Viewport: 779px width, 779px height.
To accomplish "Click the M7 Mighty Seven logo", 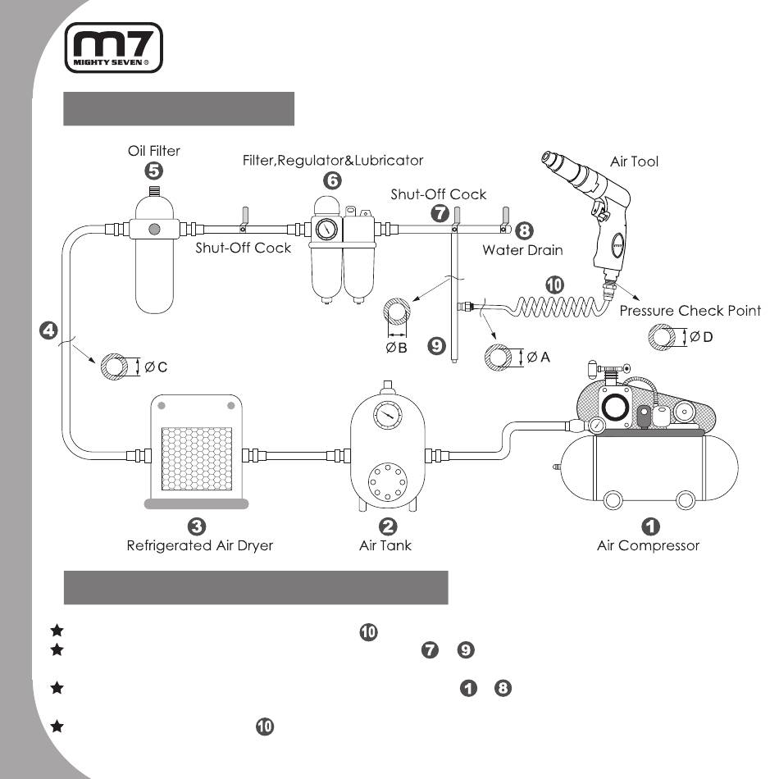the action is coord(114,48).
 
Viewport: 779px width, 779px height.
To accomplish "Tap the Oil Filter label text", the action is coord(154,151).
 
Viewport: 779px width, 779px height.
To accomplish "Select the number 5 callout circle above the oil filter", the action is coord(154,171).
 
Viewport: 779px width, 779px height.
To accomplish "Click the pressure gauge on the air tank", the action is coord(388,415).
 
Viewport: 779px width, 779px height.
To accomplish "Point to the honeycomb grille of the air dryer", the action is coord(197,459).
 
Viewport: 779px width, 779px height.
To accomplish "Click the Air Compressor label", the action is coord(648,545).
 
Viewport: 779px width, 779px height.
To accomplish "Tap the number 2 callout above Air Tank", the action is coord(388,526).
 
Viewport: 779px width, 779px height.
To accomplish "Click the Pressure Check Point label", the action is coord(690,311).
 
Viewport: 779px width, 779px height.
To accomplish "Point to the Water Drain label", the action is coord(522,250).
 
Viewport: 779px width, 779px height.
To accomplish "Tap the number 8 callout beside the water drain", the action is coord(524,230).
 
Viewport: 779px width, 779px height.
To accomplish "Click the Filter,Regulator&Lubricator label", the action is coord(333,161).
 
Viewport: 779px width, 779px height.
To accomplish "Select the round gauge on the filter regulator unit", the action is coord(326,230).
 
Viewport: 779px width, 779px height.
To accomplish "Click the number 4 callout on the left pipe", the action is coord(48,330).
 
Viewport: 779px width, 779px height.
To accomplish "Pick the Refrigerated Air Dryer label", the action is coord(200,545).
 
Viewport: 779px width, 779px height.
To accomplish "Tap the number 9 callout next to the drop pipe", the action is coord(437,345).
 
